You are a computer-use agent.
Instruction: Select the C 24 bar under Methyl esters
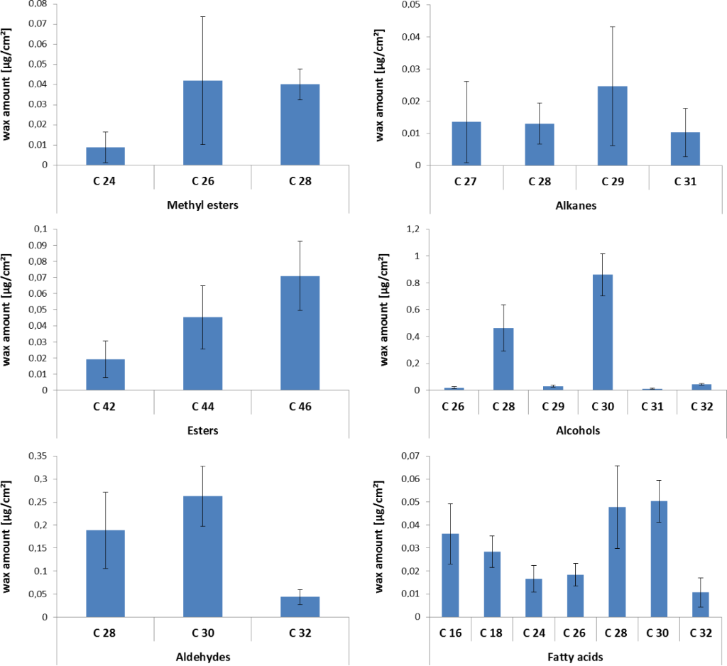(105, 156)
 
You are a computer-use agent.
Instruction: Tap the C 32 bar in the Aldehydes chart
(300, 607)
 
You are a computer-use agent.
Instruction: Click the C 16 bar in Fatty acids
(450, 575)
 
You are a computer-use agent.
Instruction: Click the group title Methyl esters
(202, 206)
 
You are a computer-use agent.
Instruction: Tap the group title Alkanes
(575, 206)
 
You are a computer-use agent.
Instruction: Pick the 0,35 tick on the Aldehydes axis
(36, 457)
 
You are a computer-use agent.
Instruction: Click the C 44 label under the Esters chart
(202, 408)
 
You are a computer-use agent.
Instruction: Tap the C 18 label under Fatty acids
(491, 633)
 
